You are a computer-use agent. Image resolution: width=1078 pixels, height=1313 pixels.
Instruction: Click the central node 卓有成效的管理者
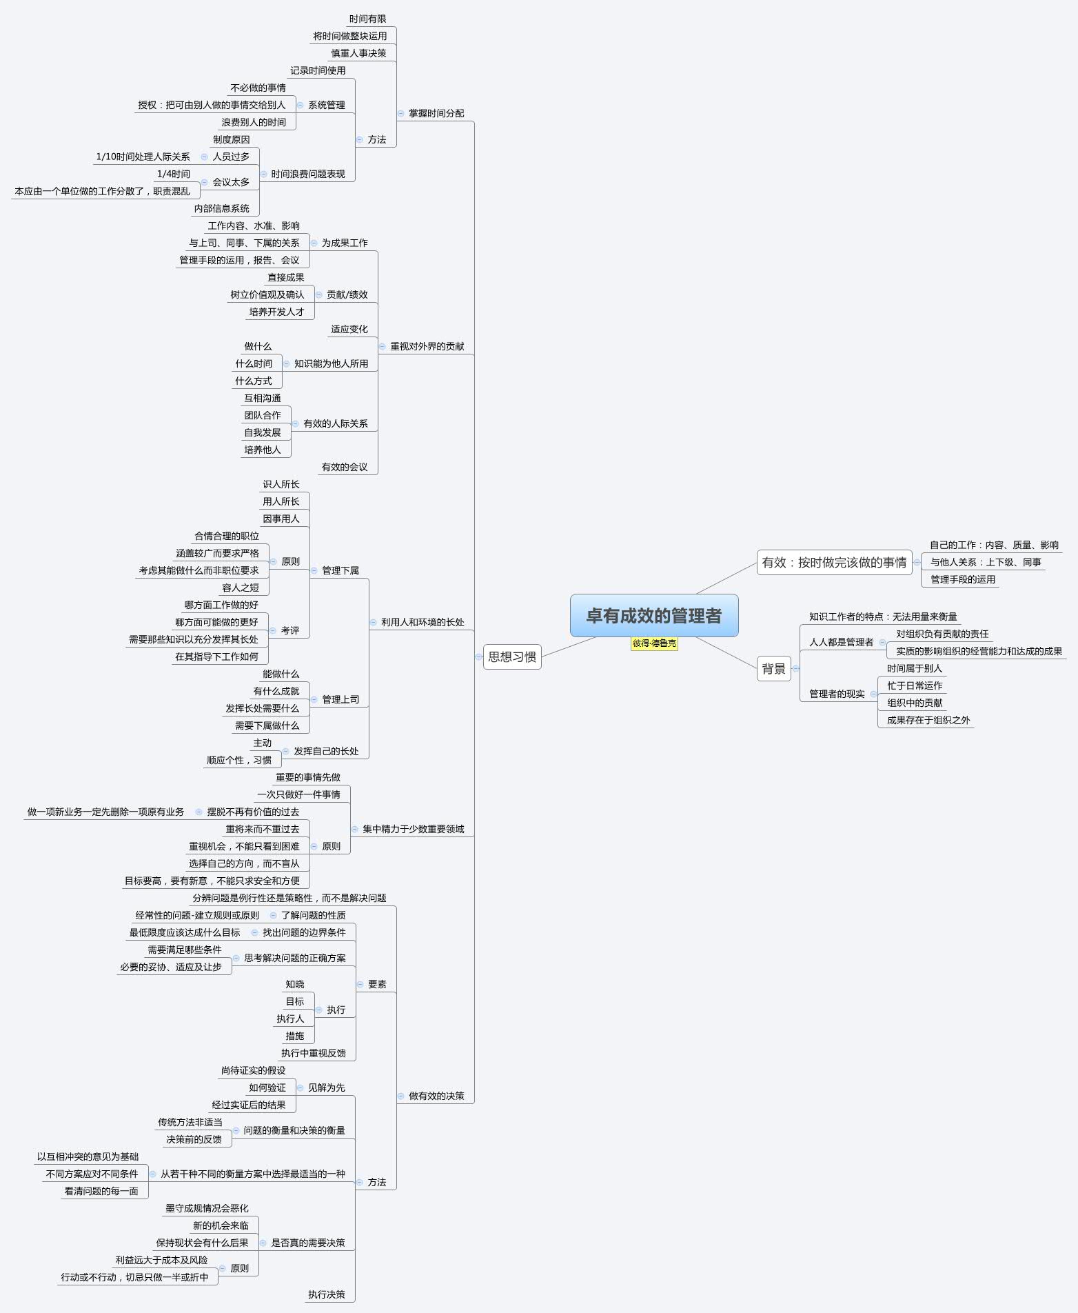[x=653, y=615]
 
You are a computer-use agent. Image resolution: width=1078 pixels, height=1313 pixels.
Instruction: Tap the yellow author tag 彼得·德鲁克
[x=654, y=643]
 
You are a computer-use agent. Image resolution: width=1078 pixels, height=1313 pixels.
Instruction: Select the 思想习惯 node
[x=512, y=656]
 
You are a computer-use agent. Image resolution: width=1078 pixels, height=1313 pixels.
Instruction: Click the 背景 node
[x=773, y=668]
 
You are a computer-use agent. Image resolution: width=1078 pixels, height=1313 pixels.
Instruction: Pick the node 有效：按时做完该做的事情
[x=834, y=563]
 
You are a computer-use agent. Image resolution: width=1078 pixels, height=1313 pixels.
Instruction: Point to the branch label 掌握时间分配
[x=436, y=113]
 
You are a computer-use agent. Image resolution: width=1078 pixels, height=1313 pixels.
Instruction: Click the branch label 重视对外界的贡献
[x=427, y=346]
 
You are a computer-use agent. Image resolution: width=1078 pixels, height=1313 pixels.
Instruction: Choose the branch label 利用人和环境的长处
[x=423, y=622]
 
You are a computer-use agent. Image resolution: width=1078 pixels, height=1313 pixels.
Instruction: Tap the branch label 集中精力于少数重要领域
[x=414, y=829]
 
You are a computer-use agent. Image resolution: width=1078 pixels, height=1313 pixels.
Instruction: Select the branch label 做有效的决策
[x=436, y=1096]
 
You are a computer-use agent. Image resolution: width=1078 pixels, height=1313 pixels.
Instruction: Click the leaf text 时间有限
[x=367, y=19]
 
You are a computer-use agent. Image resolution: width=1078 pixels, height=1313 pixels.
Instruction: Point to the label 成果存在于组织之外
[x=928, y=720]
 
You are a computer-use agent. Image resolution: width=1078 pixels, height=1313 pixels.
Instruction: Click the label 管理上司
[x=340, y=699]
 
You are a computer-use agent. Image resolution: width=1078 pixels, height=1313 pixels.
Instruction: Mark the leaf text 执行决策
[x=327, y=1294]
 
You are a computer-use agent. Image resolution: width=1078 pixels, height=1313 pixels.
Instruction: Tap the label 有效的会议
[x=345, y=467]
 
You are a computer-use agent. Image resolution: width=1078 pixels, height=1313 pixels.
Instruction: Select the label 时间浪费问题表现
[x=308, y=174]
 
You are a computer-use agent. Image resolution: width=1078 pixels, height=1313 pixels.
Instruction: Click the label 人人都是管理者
[x=841, y=642]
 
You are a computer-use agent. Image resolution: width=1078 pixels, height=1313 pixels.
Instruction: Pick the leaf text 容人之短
[x=241, y=588]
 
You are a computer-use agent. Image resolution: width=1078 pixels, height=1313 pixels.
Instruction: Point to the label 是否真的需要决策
[x=308, y=1243]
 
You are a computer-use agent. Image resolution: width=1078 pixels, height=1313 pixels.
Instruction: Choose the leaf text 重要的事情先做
[x=308, y=777]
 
